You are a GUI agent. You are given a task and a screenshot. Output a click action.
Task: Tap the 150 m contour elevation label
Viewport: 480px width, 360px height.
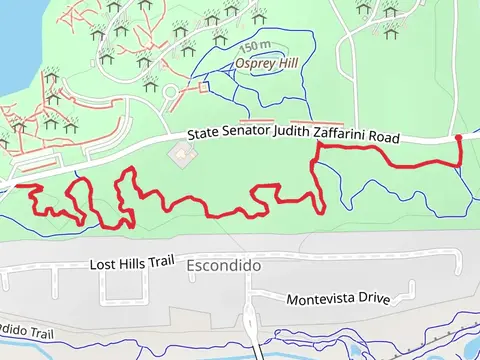(254, 46)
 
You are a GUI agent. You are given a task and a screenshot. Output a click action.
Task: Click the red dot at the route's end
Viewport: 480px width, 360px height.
(458, 138)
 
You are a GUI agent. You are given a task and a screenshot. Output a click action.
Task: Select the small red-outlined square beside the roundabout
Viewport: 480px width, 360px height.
(204, 88)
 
